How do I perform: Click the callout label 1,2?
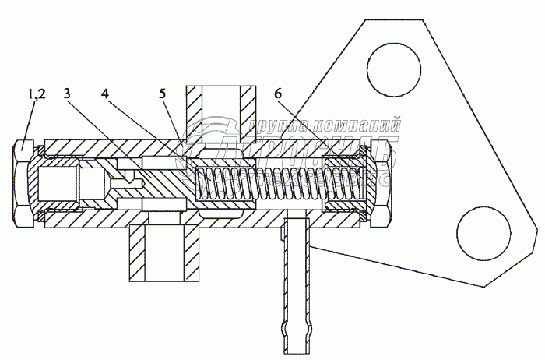[37, 94]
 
